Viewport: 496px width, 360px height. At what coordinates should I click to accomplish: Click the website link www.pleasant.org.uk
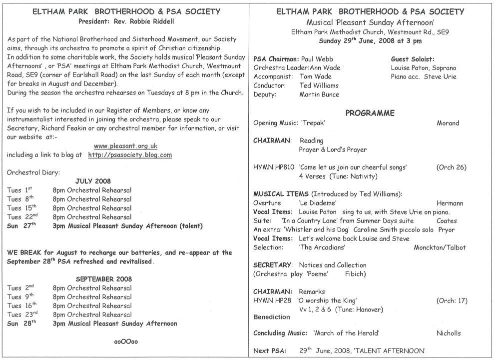coord(126,146)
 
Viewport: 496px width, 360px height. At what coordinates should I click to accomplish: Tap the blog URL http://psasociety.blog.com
coord(130,155)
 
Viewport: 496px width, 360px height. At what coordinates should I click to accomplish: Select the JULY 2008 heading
coord(93,181)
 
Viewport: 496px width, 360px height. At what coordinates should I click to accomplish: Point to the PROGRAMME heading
coord(370,113)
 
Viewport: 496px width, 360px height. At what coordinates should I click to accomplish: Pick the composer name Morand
coord(448,123)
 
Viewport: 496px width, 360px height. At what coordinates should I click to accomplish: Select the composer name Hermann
coord(450,203)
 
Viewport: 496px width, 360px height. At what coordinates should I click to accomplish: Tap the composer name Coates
coord(447,220)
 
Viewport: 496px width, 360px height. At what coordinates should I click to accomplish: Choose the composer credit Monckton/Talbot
coord(440,247)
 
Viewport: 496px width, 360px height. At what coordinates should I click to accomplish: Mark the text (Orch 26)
coord(452,167)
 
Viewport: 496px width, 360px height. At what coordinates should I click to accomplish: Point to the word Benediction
coord(271,317)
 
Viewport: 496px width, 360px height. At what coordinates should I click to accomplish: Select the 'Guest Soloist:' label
coord(413,59)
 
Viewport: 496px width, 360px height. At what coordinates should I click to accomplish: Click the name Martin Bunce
coord(319,94)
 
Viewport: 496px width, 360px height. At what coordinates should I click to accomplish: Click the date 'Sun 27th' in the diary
coord(21,226)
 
